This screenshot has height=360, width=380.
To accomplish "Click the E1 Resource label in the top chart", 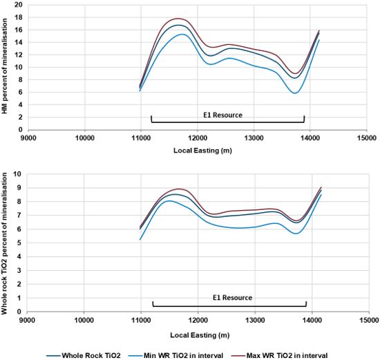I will pos(227,114).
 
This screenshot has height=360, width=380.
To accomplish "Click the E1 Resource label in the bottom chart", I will pos(229,297).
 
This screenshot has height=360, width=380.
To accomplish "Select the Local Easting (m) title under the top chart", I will pos(198,150).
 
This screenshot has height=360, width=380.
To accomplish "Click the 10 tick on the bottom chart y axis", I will pos(19,174).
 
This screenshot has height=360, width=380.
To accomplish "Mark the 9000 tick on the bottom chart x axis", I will pos(27,321).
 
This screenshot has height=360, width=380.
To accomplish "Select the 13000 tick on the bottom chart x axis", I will pos(255,321).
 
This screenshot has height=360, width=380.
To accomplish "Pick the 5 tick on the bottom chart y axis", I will pos(21,243).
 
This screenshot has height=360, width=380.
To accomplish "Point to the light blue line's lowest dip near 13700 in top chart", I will pos(295,93).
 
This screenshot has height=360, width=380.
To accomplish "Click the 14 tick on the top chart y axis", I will pos(19,41).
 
